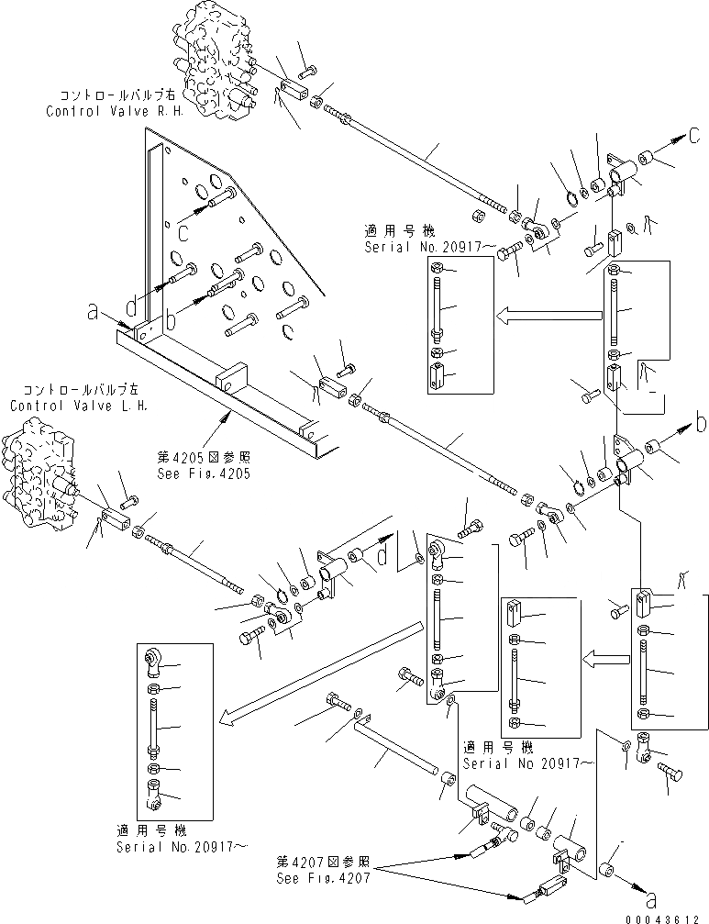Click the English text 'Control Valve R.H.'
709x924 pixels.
[x=115, y=110]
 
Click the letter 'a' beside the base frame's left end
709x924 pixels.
[x=92, y=312]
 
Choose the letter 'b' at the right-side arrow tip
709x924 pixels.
[x=701, y=424]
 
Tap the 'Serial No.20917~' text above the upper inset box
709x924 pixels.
[x=418, y=248]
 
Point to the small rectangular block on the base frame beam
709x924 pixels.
[x=234, y=378]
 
